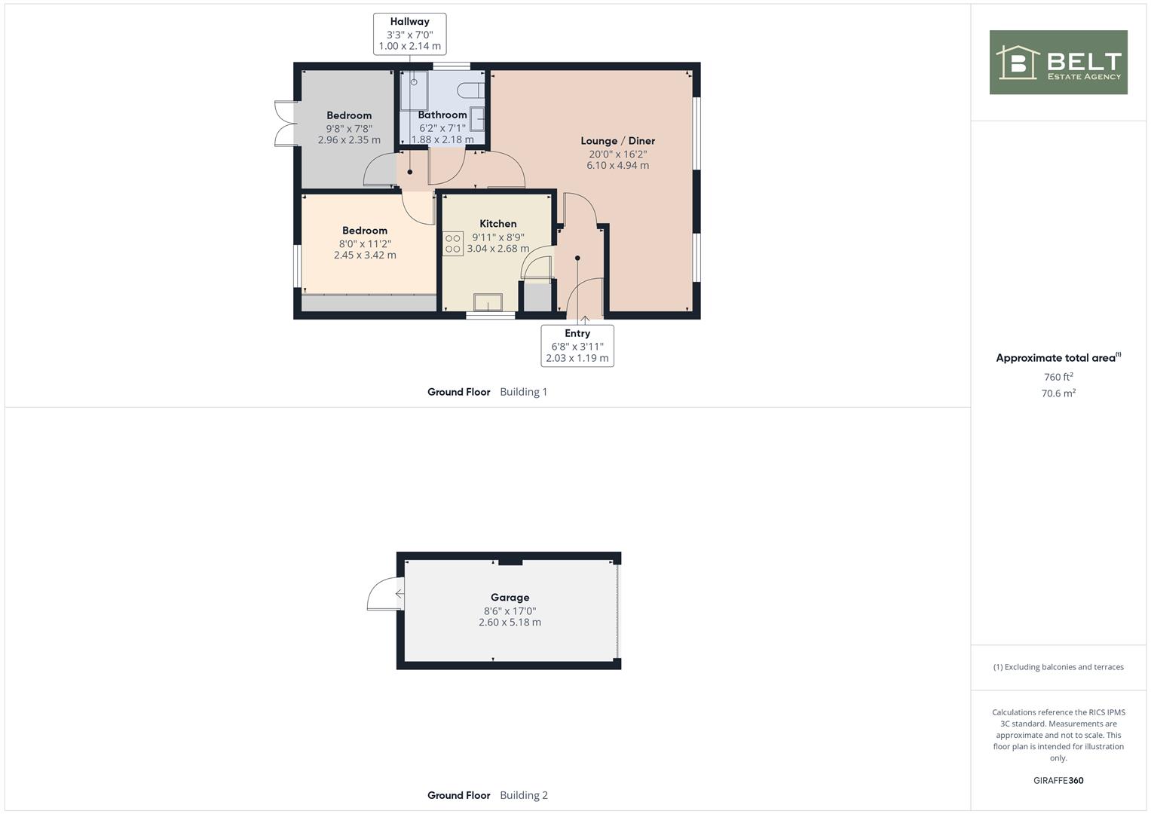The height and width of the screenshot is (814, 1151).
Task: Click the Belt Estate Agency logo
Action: click(x=1058, y=62)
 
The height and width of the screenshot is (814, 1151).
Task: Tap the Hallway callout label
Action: click(x=409, y=34)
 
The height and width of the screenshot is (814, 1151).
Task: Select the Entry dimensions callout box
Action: click(x=577, y=346)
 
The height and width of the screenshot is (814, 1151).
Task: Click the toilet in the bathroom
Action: click(x=470, y=90)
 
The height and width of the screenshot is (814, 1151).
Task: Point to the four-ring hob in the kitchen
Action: click(x=453, y=243)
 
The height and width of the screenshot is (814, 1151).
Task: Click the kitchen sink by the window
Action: click(x=488, y=302)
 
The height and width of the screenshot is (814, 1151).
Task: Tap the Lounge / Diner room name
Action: click(x=617, y=141)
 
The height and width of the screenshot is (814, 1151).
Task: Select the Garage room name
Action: click(x=510, y=597)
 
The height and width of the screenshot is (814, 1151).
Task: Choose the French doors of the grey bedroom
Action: click(x=286, y=124)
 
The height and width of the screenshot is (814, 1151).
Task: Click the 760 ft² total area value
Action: click(x=1058, y=377)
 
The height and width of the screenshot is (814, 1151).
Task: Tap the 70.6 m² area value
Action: click(x=1058, y=393)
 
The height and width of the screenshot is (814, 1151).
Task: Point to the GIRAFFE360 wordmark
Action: click(x=1058, y=781)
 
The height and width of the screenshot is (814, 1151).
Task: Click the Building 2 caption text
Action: click(x=524, y=795)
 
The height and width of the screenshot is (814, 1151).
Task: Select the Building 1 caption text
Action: click(x=524, y=392)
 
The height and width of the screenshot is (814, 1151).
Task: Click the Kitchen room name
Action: click(x=498, y=224)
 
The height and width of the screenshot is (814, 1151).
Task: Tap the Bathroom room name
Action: click(x=442, y=115)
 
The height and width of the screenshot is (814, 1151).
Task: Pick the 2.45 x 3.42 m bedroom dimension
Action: click(x=365, y=255)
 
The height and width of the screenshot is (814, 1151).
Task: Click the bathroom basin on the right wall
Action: click(x=477, y=119)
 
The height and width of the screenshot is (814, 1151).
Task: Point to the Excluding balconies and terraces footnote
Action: click(x=1058, y=667)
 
